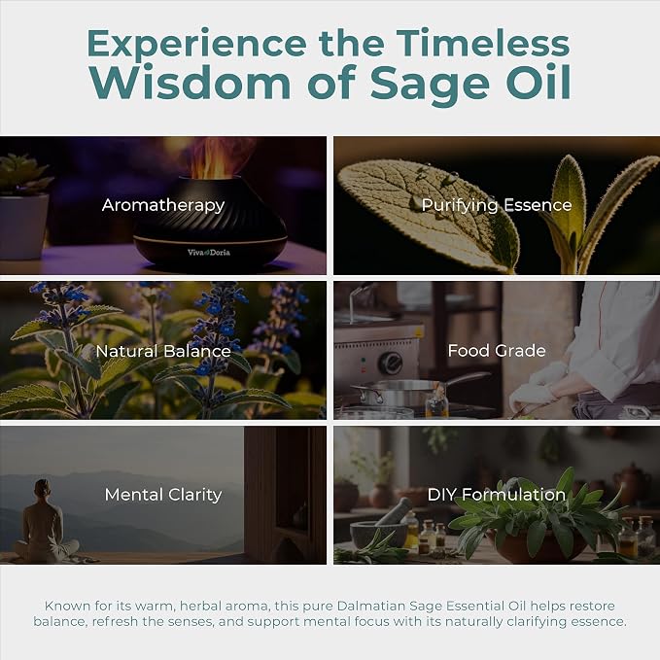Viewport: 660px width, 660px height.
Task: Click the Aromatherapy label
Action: [x=163, y=205]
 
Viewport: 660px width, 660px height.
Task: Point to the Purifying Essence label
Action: [x=497, y=205]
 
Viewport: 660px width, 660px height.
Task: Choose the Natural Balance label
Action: [x=163, y=351]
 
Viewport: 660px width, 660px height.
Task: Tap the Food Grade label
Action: [x=497, y=350]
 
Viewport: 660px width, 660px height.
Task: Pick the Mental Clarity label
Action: [x=163, y=495]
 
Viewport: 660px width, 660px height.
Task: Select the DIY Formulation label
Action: [x=497, y=495]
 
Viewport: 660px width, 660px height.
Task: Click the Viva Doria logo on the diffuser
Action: [x=209, y=252]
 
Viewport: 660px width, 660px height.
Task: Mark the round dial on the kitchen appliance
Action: [x=390, y=363]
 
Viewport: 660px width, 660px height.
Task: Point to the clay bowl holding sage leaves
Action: [x=537, y=546]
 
